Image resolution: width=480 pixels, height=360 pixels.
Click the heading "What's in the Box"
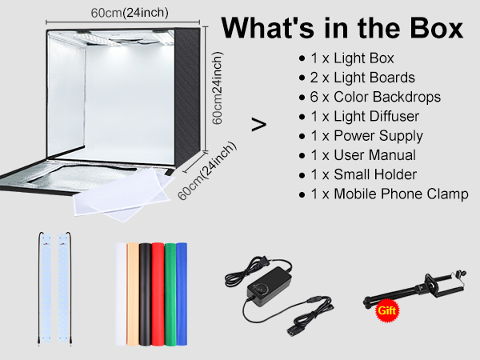coord(342,29)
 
